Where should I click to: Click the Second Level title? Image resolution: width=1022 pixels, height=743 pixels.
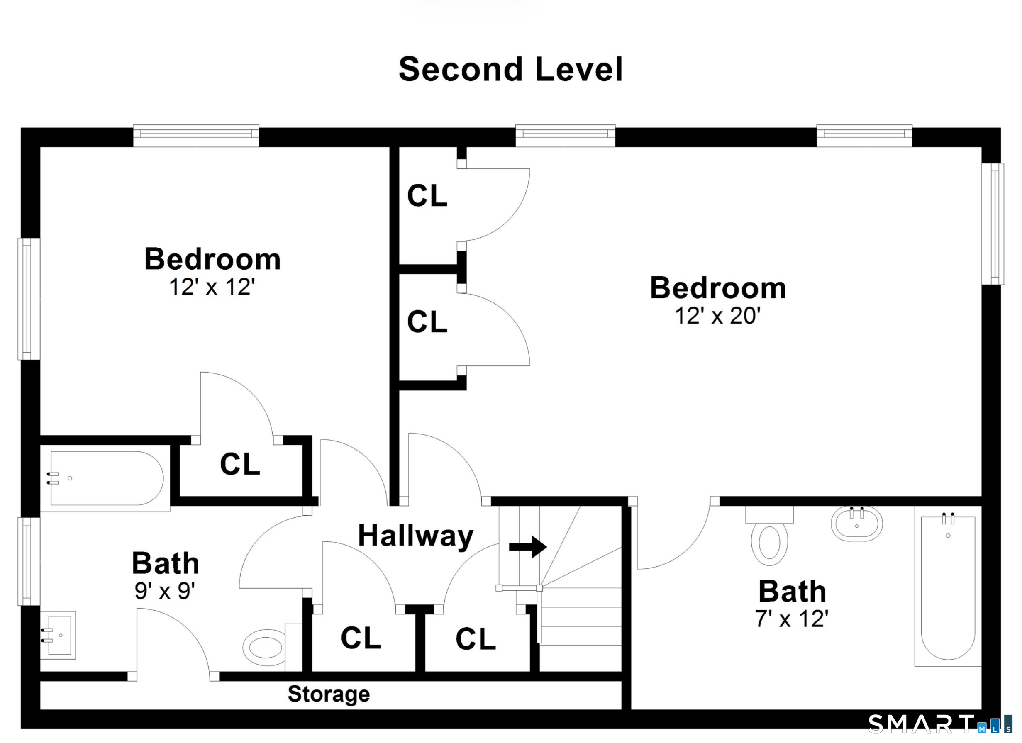coord(510,69)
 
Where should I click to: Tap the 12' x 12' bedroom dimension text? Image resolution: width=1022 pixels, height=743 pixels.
coord(212,287)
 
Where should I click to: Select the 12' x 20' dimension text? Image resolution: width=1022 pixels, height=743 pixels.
coord(717,315)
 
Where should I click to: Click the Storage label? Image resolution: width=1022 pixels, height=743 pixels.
coord(329,694)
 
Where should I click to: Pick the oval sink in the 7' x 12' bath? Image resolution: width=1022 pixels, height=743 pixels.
coord(856,524)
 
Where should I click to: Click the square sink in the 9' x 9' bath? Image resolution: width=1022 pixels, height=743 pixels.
coord(58,635)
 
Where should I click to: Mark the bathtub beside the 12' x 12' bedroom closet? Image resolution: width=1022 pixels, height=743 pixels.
coord(105,478)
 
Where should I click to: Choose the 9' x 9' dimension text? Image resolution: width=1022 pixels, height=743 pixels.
coord(165,591)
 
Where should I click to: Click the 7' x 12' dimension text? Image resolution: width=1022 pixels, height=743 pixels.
coord(792,619)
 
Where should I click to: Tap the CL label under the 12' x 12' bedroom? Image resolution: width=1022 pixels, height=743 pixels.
coord(240,464)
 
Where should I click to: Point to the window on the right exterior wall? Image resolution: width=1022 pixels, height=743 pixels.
coord(993,224)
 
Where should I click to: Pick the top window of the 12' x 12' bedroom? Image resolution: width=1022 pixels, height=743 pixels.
coord(196,135)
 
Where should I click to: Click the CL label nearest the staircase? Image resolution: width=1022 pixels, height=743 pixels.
coord(476,639)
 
